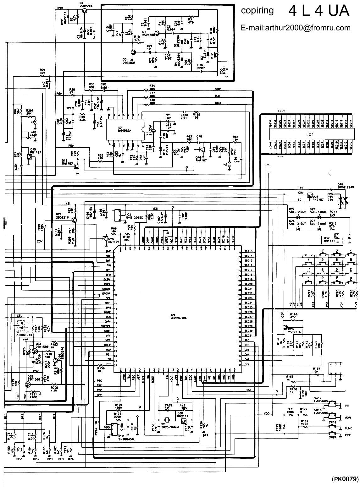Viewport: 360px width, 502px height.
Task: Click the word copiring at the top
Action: pyautogui.click(x=257, y=11)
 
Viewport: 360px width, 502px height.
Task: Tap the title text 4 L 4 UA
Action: pyautogui.click(x=319, y=11)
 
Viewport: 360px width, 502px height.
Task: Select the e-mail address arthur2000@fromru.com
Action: pyautogui.click(x=296, y=28)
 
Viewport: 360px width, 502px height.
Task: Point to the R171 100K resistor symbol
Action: pyautogui.click(x=290, y=415)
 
